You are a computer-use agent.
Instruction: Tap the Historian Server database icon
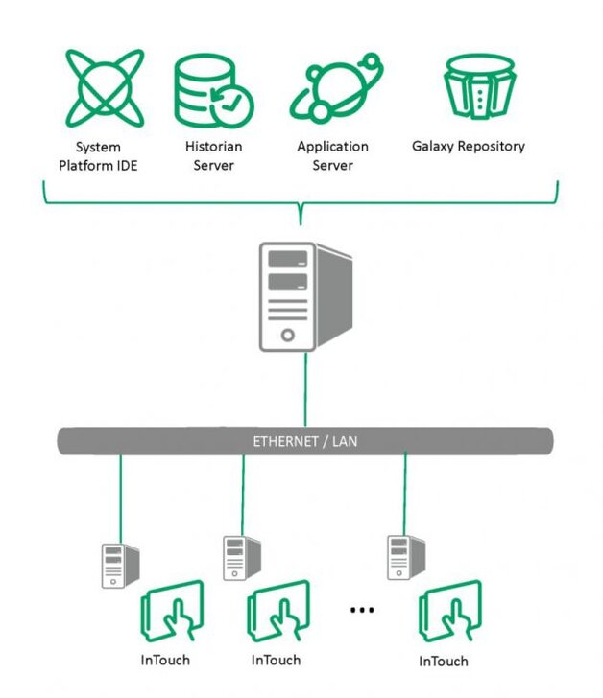pyautogui.click(x=211, y=89)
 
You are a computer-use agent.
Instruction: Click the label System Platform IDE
pyautogui.click(x=99, y=156)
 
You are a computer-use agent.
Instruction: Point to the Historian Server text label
pyautogui.click(x=213, y=156)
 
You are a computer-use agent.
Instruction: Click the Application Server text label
pyautogui.click(x=332, y=156)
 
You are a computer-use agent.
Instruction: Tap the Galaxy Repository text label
pyautogui.click(x=469, y=147)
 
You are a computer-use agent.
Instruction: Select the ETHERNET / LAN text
pyautogui.click(x=304, y=442)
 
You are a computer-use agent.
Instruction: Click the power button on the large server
pyautogui.click(x=285, y=336)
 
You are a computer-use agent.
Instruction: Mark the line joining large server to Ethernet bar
pyautogui.click(x=305, y=388)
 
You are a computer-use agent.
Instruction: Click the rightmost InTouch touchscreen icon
pyautogui.click(x=449, y=613)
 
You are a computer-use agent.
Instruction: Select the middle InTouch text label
pyautogui.click(x=276, y=660)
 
